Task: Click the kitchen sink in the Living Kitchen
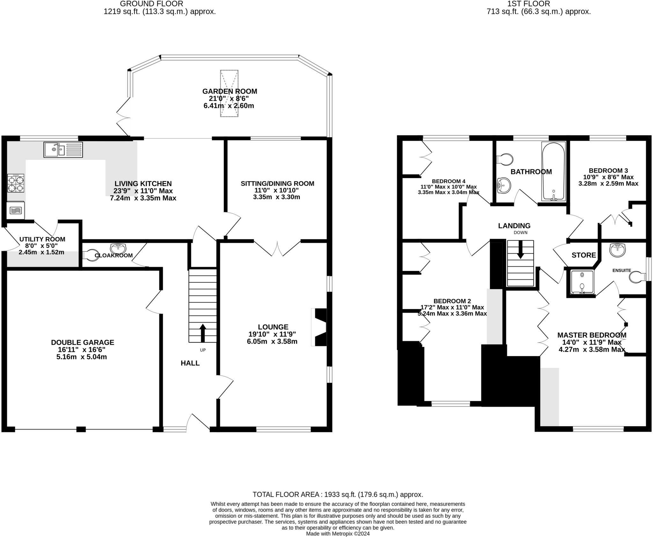63,150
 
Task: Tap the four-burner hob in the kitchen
16,183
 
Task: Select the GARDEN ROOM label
230,91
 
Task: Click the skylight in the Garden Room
229,93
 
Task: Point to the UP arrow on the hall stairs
202,333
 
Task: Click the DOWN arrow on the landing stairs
520,250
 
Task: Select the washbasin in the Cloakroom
118,248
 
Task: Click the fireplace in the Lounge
319,327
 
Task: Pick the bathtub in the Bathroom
554,171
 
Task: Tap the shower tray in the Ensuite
582,282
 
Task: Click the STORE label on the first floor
584,255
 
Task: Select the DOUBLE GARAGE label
83,342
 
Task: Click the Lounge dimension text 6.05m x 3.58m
272,341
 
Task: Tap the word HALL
190,363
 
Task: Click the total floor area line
338,495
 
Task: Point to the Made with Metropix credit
338,533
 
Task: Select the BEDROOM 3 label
608,171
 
